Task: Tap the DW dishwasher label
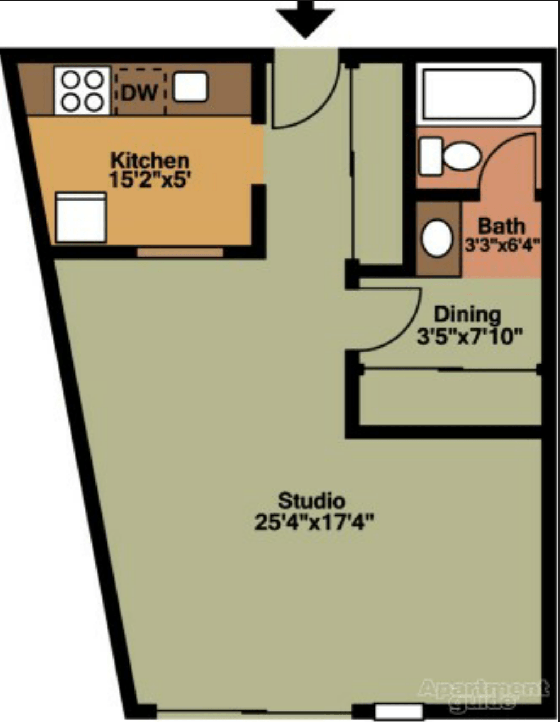pos(139,91)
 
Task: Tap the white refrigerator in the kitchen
pos(81,218)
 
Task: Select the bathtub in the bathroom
pos(478,94)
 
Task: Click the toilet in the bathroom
pos(450,156)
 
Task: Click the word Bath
pos(501,226)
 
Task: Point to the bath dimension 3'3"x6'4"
pos(502,245)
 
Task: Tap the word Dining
pos(467,314)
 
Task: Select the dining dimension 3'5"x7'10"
pos(468,337)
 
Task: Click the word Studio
pos(311,500)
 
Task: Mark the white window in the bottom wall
pos(399,711)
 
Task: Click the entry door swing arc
pos(316,107)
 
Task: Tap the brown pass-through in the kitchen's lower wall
pos(180,252)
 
